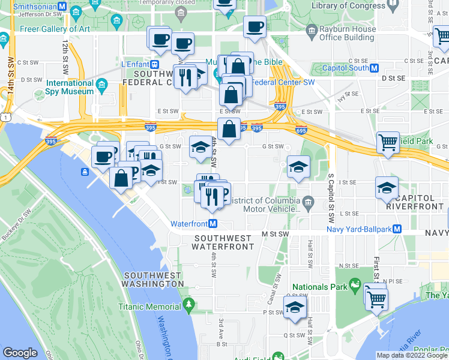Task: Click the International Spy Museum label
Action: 70,88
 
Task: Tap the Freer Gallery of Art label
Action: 55,28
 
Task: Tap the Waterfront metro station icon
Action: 212,224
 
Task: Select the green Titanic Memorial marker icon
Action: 188,307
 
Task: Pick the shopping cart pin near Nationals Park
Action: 376,298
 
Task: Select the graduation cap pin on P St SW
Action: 294,308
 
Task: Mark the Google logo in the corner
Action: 20,353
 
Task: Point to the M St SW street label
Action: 275,233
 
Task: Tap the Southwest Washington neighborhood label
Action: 152,279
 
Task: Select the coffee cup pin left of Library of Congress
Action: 255,26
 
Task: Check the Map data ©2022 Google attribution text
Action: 412,355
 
